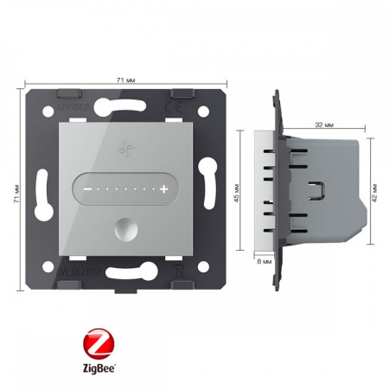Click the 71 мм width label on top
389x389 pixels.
point(124,80)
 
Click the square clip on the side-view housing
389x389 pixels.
point(319,189)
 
